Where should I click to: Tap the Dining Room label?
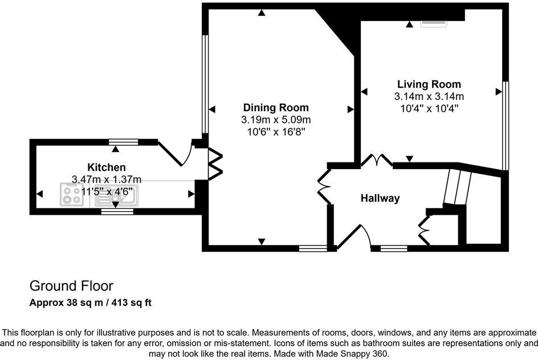[276, 108]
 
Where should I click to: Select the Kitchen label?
[107, 167]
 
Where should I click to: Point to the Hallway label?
[380, 198]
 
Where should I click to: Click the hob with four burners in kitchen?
[72, 194]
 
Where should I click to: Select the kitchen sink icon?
[116, 195]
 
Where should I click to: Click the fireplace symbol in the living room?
[434, 23]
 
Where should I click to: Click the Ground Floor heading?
[71, 286]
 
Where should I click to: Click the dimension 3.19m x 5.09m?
[276, 120]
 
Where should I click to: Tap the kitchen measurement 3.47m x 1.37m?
[107, 179]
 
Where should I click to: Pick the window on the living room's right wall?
[505, 125]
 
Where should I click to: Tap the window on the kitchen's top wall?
[124, 142]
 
